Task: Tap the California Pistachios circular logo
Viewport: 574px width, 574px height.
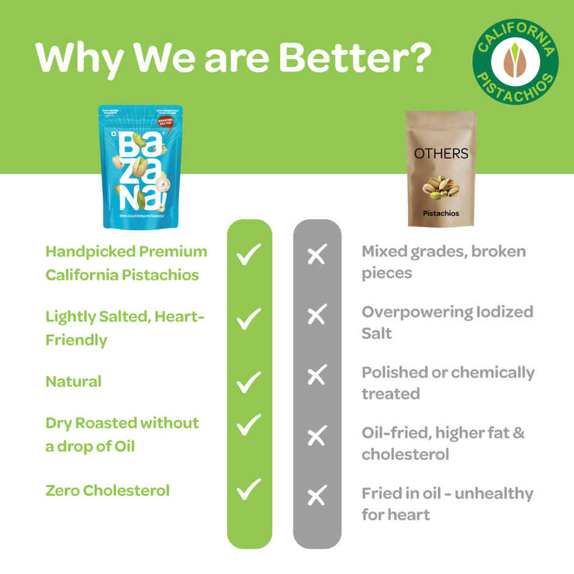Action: (515, 61)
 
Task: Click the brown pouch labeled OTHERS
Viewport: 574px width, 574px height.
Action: (441, 169)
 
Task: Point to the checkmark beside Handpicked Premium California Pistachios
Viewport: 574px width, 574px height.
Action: (249, 254)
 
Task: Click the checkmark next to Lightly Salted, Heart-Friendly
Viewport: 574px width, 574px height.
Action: (249, 318)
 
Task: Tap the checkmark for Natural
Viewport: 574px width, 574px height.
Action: (249, 382)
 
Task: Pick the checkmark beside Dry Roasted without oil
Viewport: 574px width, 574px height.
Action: (249, 425)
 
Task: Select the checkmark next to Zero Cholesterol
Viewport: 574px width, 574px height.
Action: (249, 490)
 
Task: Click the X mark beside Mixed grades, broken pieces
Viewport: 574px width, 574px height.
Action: (316, 255)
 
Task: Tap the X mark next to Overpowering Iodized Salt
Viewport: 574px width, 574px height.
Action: (316, 315)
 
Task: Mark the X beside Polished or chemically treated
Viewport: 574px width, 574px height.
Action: (316, 376)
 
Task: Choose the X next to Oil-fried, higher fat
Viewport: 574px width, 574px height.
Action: (316, 436)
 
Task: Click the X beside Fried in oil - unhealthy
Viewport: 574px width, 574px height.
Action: (316, 496)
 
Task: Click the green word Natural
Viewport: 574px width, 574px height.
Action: (73, 382)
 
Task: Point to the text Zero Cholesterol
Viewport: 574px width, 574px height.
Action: (107, 490)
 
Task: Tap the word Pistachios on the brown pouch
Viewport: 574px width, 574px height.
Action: (441, 214)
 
